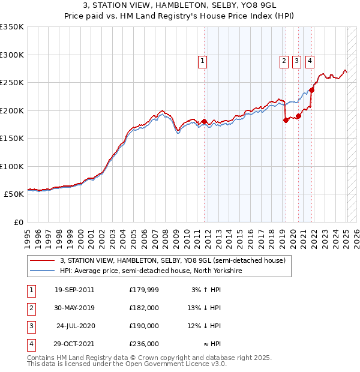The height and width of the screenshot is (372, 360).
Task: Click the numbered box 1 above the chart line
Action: (203, 60)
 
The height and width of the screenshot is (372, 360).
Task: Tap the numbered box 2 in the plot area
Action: (283, 60)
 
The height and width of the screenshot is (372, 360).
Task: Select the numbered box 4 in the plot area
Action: (310, 60)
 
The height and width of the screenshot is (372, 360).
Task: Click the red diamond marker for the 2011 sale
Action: (204, 122)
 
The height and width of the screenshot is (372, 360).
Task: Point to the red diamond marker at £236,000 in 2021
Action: (312, 91)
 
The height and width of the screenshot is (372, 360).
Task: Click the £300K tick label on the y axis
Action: (12, 55)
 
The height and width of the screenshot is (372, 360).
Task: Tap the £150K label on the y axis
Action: (12, 138)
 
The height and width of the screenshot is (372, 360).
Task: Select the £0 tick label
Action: (19, 222)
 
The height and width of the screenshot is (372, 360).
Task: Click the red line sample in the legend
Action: (43, 260)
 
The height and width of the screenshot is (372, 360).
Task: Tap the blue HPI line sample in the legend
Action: (43, 271)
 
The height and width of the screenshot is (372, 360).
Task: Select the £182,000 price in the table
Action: (144, 308)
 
